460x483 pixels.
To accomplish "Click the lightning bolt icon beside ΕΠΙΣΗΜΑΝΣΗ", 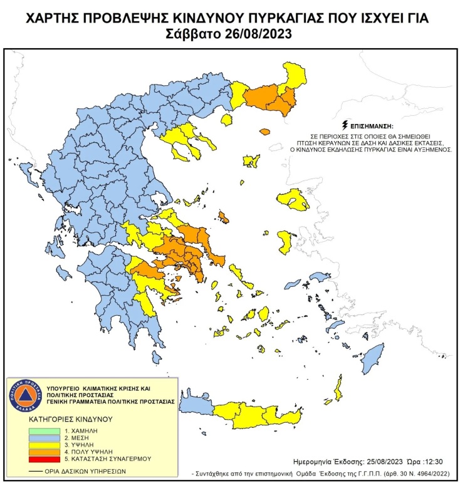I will (343, 125).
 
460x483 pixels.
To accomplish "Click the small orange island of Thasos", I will (264, 132).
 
